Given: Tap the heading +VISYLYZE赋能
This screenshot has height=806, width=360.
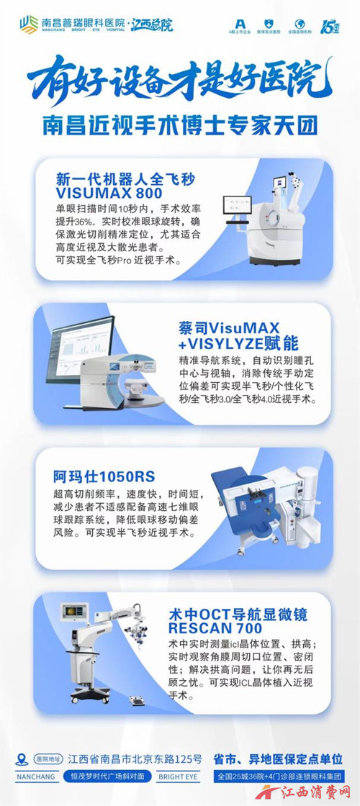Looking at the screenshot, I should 238,343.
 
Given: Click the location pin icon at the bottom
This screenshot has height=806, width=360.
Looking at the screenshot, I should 21,759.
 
